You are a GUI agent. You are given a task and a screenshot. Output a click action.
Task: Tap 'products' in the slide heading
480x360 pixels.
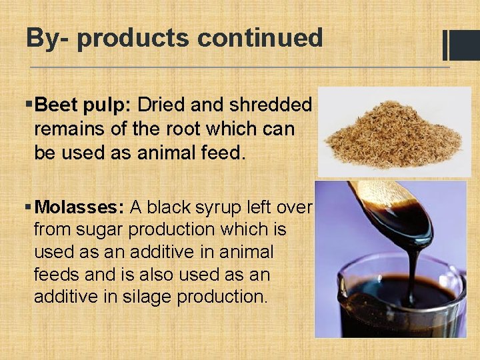133,39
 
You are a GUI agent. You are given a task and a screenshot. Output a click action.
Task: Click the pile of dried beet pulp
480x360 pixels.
393,133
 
